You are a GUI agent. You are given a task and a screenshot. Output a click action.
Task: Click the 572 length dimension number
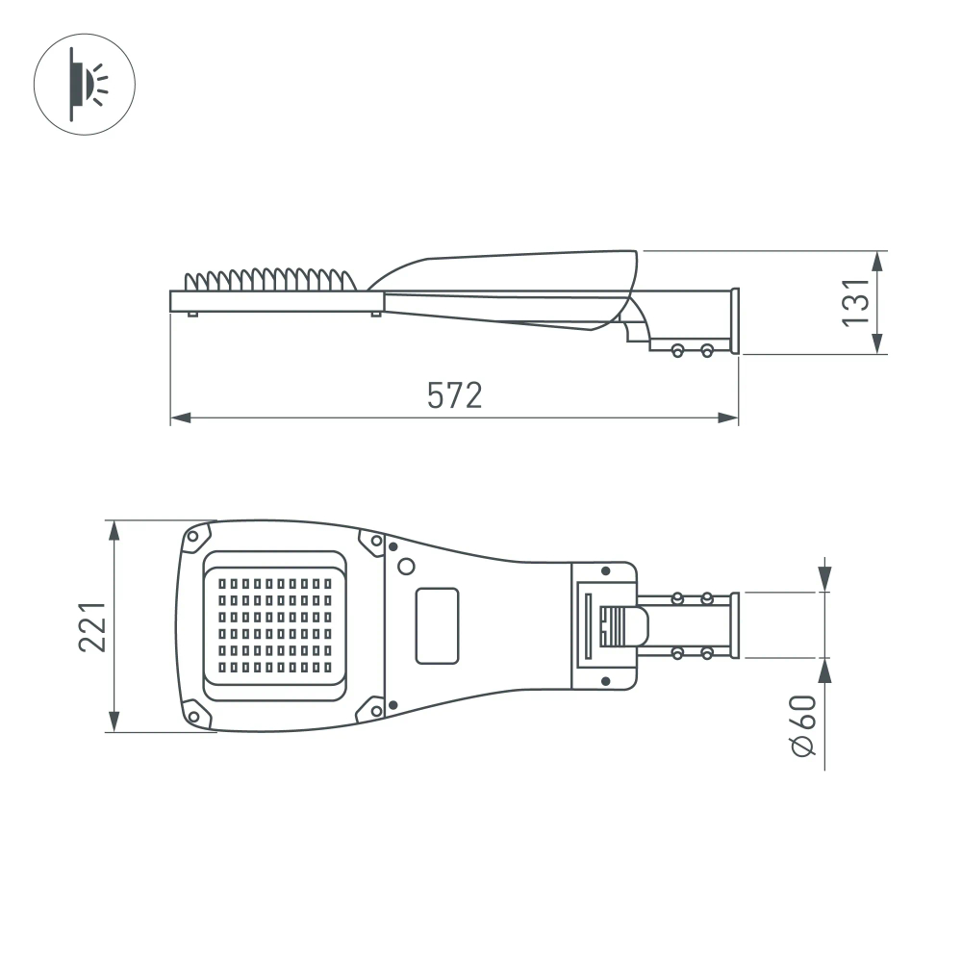coord(454,395)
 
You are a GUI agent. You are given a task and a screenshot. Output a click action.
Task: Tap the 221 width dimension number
coord(92,626)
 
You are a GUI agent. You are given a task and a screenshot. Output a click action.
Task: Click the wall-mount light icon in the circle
coord(85,85)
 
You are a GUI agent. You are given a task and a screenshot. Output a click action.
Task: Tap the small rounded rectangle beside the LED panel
coord(437,625)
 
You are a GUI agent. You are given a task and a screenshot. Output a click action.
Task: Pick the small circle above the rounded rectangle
coord(407,566)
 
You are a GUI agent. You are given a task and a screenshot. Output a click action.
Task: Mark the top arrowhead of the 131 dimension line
coord(877,261)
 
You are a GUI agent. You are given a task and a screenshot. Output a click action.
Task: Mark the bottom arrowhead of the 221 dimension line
coord(114,722)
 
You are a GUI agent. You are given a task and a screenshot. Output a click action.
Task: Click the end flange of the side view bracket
coord(735,321)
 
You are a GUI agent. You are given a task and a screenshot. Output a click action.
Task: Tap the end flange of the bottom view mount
coord(735,625)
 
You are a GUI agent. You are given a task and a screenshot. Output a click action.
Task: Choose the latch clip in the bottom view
coord(620,626)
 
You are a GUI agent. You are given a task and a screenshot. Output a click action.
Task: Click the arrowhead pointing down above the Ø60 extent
coord(824,581)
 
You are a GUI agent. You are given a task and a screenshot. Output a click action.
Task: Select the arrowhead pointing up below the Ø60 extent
coord(824,670)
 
